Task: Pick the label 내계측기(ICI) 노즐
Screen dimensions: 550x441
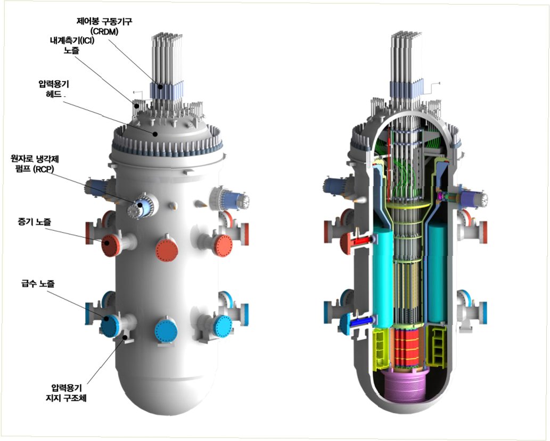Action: [70, 45]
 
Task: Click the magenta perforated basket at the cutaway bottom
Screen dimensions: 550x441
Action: [409, 391]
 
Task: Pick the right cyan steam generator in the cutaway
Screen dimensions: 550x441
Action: [439, 271]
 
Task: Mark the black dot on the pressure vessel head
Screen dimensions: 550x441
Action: [155, 133]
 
